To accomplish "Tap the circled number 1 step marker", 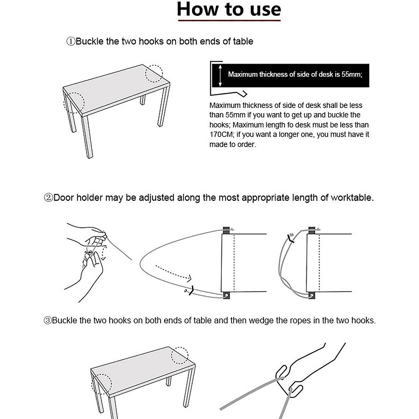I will (x=71, y=42).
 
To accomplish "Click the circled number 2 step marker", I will (x=48, y=198).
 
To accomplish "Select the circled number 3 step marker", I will (x=47, y=321).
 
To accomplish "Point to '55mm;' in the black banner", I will (x=352, y=74).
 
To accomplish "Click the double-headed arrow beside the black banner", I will (x=220, y=75).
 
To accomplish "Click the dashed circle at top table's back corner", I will (x=154, y=73).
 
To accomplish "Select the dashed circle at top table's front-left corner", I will (x=74, y=103).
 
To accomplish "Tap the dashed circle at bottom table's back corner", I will (x=179, y=355).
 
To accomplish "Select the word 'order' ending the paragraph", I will (x=247, y=145).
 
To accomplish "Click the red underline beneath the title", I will (x=229, y=21).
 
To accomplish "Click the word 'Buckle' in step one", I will (x=89, y=42).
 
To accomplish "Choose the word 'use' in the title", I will (x=266, y=9).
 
